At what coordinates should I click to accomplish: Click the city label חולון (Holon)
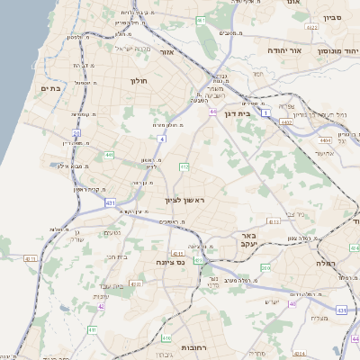click(x=139, y=81)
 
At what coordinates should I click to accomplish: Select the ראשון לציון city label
click(x=185, y=200)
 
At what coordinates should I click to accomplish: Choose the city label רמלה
click(x=325, y=264)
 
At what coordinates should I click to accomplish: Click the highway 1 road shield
click(x=266, y=112)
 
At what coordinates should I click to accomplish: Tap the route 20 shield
click(x=77, y=133)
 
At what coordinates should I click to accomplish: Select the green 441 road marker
click(x=109, y=155)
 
